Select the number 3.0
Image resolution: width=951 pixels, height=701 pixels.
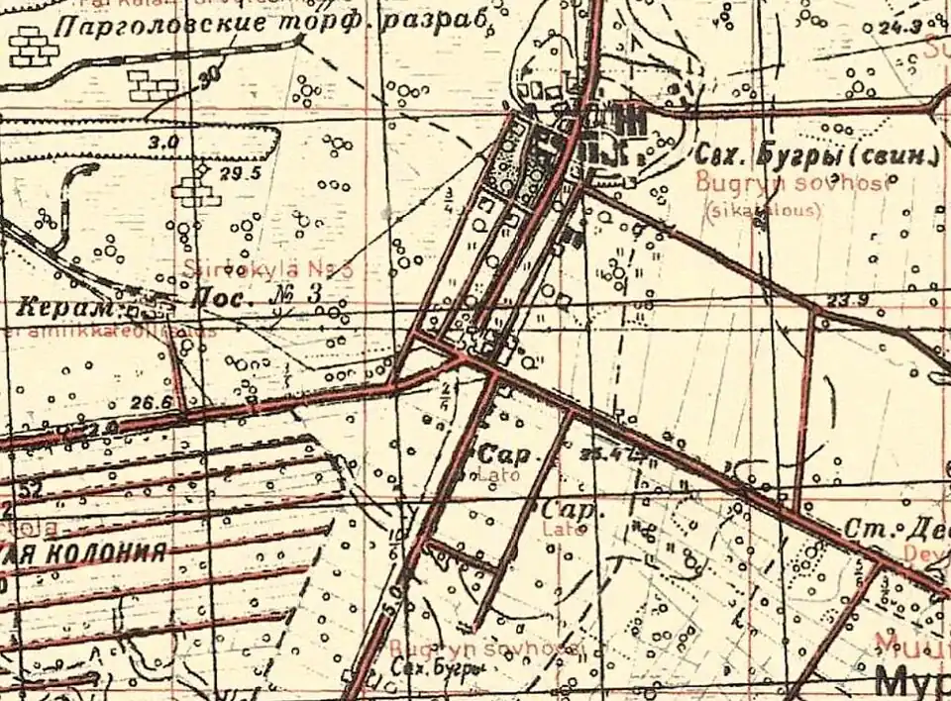[162, 143]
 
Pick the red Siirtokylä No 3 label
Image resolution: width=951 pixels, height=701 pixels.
[267, 269]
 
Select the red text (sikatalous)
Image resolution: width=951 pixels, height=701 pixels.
[762, 209]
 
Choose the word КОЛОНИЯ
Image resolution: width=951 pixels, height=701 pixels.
[99, 552]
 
